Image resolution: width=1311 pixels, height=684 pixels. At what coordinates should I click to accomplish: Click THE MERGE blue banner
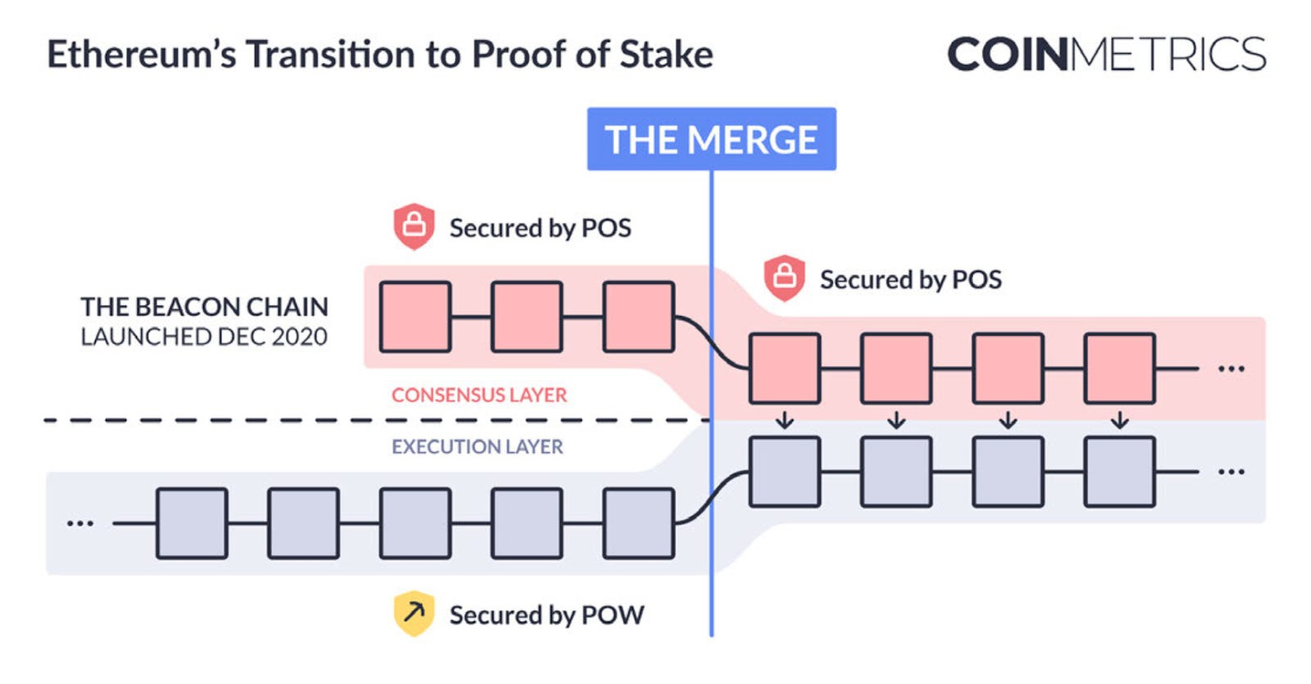tap(711, 139)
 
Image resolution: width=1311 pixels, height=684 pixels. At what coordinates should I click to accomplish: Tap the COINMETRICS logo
tap(1106, 54)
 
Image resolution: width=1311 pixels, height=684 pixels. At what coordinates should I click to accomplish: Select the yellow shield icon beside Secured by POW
tap(414, 614)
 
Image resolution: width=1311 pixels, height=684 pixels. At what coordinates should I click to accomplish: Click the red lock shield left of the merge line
tap(414, 226)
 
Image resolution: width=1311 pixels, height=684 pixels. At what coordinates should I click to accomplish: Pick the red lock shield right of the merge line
tap(784, 278)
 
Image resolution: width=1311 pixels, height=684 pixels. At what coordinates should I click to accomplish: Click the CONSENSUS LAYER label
tap(479, 395)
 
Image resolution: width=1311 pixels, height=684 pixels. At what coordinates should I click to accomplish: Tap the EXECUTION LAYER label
tap(478, 446)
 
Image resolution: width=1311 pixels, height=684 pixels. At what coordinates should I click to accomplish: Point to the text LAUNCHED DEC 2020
tap(204, 337)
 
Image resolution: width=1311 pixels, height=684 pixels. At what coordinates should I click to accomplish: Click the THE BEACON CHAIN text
tap(204, 306)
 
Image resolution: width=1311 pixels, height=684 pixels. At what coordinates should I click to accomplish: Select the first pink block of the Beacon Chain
tap(415, 317)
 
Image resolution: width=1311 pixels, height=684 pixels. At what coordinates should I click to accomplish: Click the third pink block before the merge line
tap(639, 317)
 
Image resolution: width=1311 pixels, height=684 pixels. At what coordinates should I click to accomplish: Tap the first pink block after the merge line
tap(785, 368)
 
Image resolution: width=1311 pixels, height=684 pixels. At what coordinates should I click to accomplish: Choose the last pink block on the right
tap(1120, 368)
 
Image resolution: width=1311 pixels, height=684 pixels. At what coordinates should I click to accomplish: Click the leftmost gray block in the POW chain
tap(192, 523)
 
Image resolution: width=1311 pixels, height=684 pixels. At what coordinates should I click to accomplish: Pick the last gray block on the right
tap(1120, 472)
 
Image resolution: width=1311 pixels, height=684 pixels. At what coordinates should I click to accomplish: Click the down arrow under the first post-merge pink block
tap(785, 420)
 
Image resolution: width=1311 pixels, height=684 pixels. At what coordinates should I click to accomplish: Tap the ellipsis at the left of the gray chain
tap(80, 523)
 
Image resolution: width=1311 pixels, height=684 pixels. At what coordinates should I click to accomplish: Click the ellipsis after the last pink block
tap(1231, 369)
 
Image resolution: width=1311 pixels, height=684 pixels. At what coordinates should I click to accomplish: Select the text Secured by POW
tap(547, 614)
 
